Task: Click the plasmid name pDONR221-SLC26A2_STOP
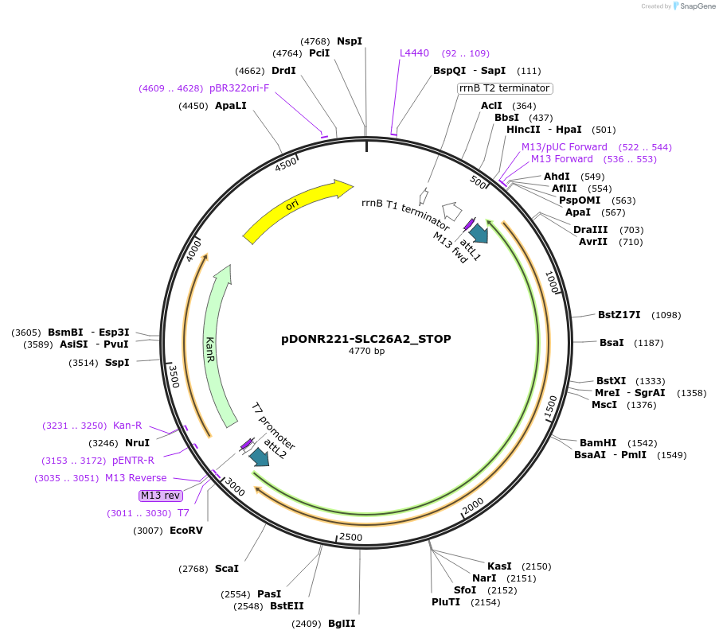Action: (366, 339)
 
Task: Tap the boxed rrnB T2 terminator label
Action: (504, 88)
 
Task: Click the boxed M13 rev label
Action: (161, 496)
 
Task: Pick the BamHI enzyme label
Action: (598, 442)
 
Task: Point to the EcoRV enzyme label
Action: (186, 530)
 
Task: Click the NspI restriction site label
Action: (350, 41)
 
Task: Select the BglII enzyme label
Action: (342, 623)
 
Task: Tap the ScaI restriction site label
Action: (227, 568)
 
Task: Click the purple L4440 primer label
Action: (414, 53)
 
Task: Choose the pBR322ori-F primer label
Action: (239, 88)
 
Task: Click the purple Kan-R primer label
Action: (127, 425)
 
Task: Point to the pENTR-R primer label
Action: (133, 460)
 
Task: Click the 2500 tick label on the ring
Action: (351, 538)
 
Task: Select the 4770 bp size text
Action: (366, 351)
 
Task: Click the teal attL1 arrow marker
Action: (479, 232)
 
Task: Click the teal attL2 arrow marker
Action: (259, 457)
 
